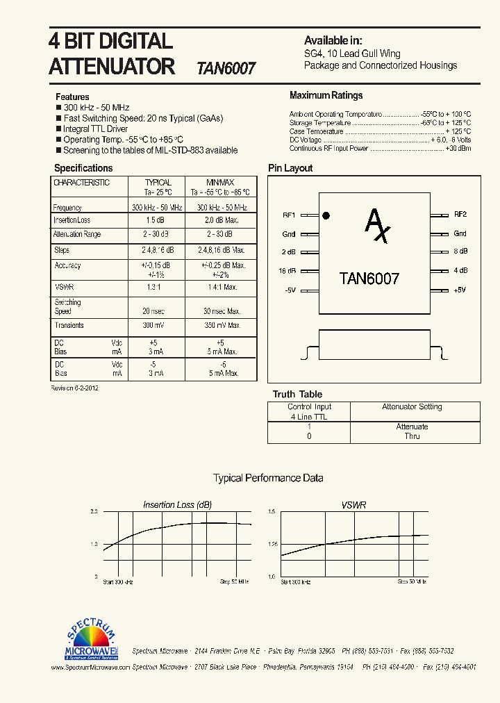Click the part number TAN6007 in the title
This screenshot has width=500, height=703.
pos(226,68)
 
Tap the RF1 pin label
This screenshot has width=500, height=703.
pos(289,215)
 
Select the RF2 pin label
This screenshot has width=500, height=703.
pos(460,215)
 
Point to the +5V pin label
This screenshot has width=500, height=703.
pos(460,290)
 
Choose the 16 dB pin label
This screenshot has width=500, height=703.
pos(288,271)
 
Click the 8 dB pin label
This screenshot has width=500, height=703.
pos(460,251)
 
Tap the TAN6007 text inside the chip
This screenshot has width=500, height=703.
pos(369,279)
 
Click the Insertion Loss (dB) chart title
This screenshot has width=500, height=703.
pos(177,505)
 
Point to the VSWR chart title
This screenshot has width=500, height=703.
pos(353,505)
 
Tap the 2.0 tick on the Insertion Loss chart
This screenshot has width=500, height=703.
pos(94,511)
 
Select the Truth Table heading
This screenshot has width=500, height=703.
pos(297,394)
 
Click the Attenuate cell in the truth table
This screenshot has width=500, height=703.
pos(412,427)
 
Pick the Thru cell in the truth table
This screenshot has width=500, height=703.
pos(412,436)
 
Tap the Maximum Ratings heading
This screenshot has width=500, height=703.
pos(326,95)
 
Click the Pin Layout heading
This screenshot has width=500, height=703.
pos(290,168)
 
